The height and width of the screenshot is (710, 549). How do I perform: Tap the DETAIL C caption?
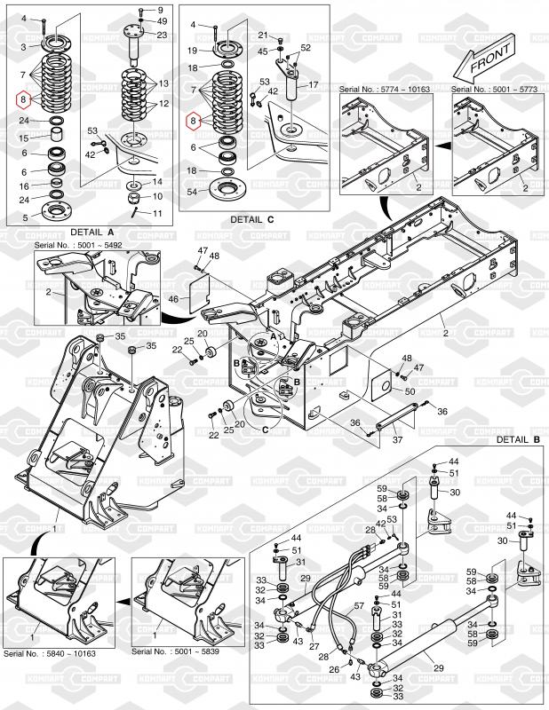253,219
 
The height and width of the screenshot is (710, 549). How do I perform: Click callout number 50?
410,391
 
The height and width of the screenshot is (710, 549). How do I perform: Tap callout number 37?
397,439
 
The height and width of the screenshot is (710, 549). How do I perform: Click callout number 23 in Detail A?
162,34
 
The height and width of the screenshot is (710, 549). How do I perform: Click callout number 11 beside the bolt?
158,213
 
